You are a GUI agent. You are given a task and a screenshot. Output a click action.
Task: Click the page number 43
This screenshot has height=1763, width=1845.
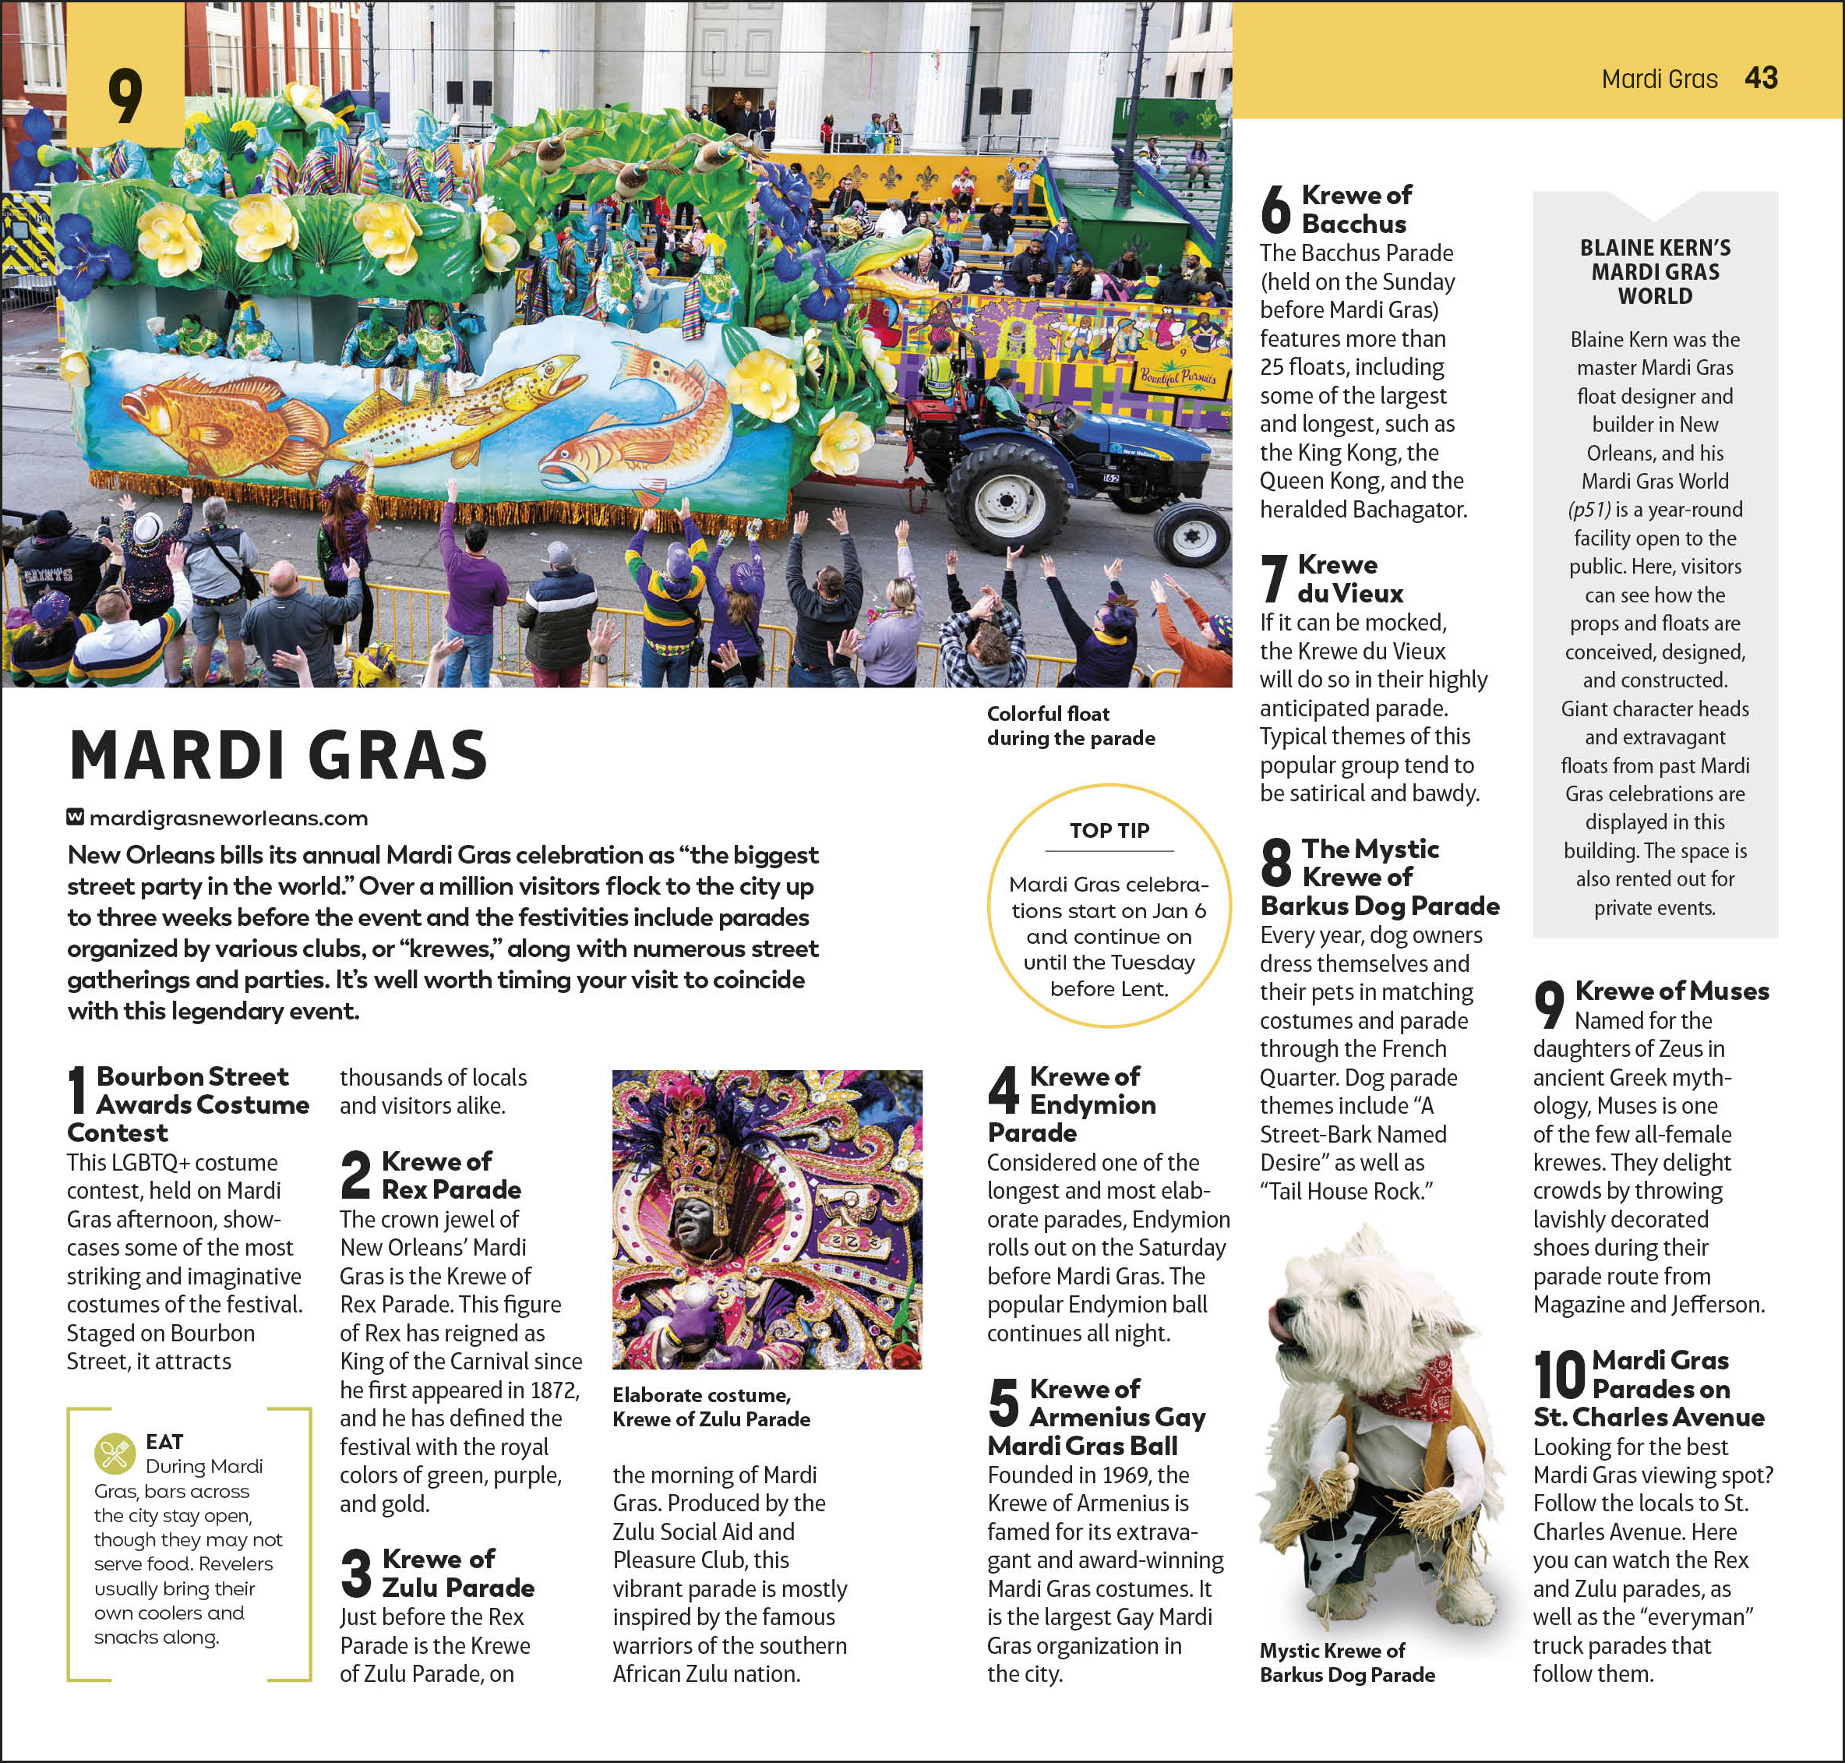coord(1760,78)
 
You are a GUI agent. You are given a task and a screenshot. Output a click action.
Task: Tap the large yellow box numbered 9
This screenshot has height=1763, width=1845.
coord(125,94)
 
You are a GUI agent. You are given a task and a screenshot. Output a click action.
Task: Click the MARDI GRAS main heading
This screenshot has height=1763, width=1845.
coord(278,755)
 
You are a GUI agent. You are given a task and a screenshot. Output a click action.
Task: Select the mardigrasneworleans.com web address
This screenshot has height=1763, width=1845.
coord(228,818)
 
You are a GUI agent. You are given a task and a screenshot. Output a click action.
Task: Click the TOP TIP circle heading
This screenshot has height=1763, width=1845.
coord(1109,831)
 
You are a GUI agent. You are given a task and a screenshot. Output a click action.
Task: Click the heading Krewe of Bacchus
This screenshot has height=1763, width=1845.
coord(1355,210)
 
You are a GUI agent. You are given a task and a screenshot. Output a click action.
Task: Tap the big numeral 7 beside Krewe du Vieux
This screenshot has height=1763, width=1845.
coord(1273,579)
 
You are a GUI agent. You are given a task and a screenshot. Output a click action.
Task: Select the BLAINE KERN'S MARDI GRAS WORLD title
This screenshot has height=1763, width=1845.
coord(1654,271)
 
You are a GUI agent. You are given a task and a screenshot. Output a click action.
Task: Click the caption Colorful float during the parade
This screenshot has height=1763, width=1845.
coord(1070,726)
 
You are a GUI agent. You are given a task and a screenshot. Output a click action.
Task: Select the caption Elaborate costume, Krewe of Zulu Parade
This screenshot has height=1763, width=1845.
coord(711,1407)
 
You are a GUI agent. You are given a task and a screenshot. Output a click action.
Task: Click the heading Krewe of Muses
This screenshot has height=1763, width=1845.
coord(1671,991)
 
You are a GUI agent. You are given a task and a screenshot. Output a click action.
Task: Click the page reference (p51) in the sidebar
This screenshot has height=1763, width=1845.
coord(1589,510)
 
